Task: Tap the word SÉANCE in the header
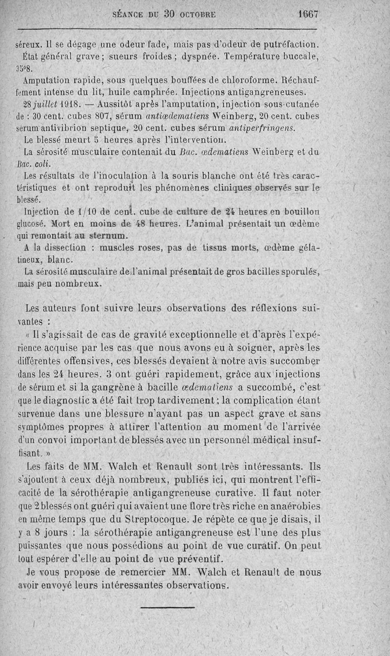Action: [x=129, y=15]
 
